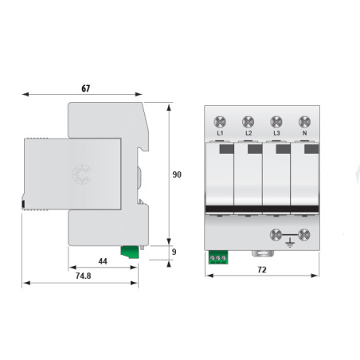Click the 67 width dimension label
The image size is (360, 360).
point(85,88)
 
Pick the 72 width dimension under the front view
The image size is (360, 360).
point(263,271)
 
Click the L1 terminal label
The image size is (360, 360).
point(220,133)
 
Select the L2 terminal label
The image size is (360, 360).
point(248,133)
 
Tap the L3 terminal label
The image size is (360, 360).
point(276,133)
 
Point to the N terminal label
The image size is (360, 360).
point(303,133)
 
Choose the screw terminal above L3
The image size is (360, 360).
point(276,121)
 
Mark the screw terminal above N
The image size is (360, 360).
point(303,121)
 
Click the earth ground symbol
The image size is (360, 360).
point(303,237)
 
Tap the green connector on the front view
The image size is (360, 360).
point(217,257)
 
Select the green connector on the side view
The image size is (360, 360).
point(128,252)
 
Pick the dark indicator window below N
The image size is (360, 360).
point(307,149)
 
